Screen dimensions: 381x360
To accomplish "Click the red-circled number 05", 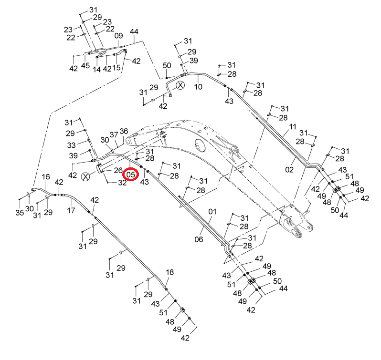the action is click(130, 175).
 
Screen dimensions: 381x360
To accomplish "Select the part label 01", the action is click(212, 212).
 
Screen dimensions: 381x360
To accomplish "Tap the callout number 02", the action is click(289, 169).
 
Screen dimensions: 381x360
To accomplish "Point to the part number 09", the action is click(118, 36).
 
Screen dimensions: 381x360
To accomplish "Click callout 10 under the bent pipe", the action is click(198, 87).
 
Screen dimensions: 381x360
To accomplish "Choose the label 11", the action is click(293, 127).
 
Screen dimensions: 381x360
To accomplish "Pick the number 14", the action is click(96, 70).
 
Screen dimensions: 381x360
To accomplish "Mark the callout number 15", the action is click(116, 67).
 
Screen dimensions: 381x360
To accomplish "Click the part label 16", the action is click(46, 176).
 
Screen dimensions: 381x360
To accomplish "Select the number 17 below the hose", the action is click(71, 210).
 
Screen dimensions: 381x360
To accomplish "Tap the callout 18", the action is click(169, 272).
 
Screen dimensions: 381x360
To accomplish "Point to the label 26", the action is click(118, 170).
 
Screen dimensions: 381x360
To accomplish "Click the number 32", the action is click(122, 183).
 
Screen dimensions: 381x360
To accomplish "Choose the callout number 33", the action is click(71, 145).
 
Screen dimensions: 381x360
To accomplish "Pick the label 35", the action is click(20, 213).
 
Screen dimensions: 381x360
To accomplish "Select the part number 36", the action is click(124, 131).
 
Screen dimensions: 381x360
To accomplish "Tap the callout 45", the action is click(85, 65).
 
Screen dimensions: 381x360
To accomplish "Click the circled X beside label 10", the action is click(180, 85).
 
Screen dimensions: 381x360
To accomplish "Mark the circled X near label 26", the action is click(85, 176).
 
